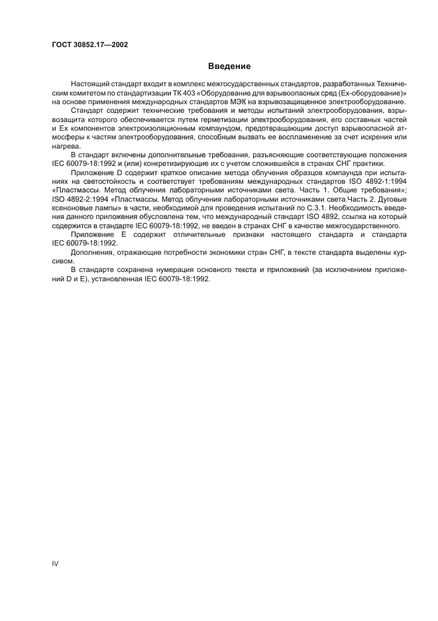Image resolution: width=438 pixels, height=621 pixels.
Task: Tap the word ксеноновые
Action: [70, 205]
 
